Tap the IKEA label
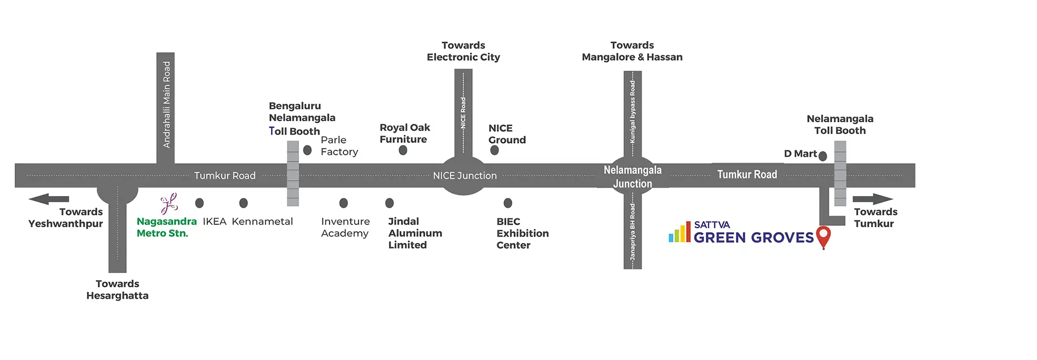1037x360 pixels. (214, 221)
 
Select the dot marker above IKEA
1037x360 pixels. (199, 203)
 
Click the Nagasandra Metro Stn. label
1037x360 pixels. (166, 227)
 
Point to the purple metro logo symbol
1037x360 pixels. (169, 204)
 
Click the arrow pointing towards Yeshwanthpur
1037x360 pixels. (49, 199)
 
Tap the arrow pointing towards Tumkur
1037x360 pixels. (872, 199)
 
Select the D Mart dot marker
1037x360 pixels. (823, 156)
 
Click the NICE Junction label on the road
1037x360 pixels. (465, 176)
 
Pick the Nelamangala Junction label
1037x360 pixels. (633, 177)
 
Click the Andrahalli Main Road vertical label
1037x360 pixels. (166, 105)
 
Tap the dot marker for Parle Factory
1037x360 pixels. (307, 150)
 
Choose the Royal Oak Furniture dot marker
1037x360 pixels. (403, 150)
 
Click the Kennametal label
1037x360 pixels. (262, 221)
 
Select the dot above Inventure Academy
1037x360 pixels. (344, 203)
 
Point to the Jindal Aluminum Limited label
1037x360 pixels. (415, 233)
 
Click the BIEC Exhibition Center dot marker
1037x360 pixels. (508, 203)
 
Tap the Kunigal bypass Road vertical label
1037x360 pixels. (633, 112)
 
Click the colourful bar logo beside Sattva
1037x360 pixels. (679, 233)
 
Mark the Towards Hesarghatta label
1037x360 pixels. (117, 290)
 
